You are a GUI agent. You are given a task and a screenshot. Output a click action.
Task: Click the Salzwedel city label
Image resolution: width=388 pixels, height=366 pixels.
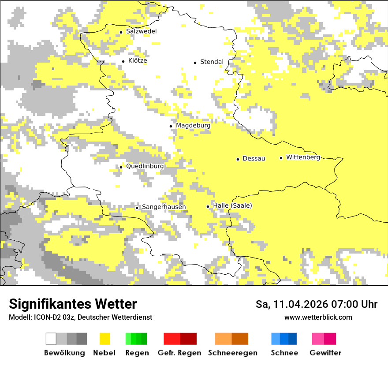pos(141,31)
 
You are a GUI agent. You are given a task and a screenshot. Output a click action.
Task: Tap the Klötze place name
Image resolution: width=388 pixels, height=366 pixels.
pos(138,61)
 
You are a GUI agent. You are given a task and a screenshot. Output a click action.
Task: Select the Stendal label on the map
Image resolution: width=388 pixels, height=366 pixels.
pos(212,62)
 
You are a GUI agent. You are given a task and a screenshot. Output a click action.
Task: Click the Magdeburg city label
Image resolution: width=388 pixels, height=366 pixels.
pos(193,126)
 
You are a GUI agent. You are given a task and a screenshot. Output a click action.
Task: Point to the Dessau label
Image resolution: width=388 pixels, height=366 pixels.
pos(254,159)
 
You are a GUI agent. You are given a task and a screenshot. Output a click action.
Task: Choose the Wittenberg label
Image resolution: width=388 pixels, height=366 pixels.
pos(303,157)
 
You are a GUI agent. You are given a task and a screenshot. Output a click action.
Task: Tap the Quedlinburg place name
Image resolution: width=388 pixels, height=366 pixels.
pos(145,167)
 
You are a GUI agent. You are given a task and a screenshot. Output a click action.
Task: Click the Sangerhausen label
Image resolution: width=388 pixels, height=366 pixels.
pos(164,207)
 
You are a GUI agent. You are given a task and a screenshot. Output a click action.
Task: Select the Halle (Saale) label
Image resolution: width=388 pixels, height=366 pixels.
pos(232,206)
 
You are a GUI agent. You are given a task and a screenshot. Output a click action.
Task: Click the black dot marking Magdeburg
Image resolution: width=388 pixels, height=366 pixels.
pos(171,126)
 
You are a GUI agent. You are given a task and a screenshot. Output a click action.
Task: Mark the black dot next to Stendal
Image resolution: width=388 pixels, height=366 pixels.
pos(195,63)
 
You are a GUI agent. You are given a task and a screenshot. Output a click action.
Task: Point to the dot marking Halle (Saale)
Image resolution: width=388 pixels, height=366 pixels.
pos(208,206)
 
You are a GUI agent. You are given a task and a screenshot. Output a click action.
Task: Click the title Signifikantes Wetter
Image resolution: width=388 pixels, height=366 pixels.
pos(73,304)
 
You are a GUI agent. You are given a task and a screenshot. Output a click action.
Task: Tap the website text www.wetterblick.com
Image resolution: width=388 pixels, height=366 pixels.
pos(318,317)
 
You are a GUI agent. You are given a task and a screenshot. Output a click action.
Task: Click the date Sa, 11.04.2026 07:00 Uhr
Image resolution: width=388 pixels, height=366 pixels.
pos(317,304)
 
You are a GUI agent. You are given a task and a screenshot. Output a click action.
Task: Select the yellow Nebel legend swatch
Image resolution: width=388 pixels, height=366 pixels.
pos(104,339)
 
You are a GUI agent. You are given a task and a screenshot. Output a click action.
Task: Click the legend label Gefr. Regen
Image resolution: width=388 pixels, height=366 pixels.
pos(179,353)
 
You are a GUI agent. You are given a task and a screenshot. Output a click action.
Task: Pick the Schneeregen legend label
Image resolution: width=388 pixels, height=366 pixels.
pos(232,353)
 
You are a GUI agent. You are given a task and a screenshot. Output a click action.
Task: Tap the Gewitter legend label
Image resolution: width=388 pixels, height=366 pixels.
pos(325,353)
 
